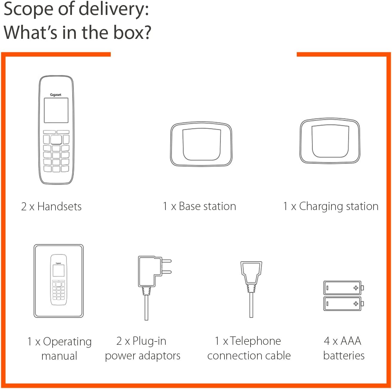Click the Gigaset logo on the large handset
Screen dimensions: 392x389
56,95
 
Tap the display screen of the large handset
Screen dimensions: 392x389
56,110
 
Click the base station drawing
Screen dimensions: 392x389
201,144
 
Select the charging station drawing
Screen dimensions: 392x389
330,141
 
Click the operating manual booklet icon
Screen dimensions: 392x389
59,281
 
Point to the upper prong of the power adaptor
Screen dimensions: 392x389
167,261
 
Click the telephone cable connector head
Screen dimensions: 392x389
251,272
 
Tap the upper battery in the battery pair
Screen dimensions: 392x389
344,288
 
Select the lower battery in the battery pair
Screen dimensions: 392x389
344,304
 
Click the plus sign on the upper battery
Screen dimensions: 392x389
356,288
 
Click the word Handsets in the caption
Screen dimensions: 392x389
59,206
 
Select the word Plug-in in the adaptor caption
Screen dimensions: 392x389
149,341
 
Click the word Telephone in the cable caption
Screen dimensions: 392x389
255,341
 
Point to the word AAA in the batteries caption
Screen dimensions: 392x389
351,341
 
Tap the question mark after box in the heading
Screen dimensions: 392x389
147,32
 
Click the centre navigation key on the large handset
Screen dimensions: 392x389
56,140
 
